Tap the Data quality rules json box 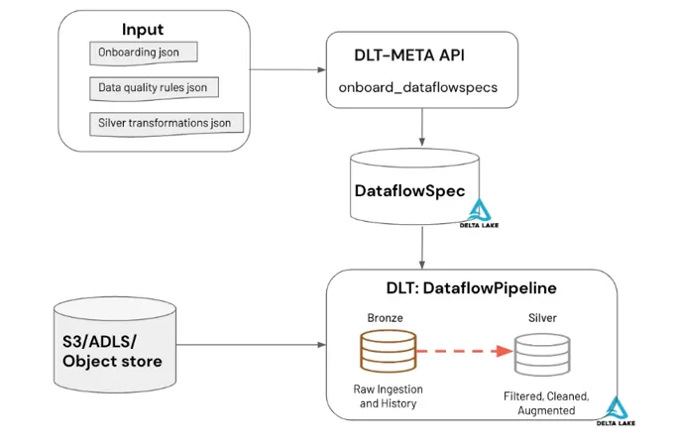point(154,88)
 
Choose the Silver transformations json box point(166,124)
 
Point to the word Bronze point(383,319)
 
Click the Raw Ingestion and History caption point(384,395)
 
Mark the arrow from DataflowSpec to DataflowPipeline point(423,247)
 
